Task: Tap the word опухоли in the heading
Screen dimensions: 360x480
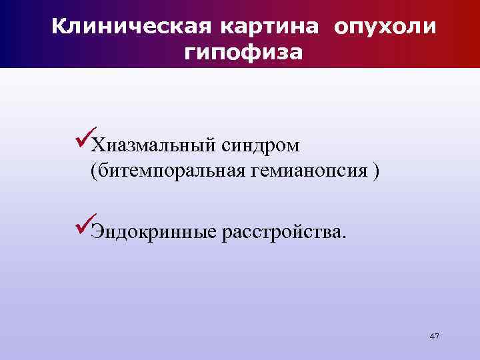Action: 386,27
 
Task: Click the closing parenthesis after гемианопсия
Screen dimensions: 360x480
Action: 377,171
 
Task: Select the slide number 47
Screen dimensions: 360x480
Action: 435,336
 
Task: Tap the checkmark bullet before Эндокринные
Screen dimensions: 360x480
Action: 83,228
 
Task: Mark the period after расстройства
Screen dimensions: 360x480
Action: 344,237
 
